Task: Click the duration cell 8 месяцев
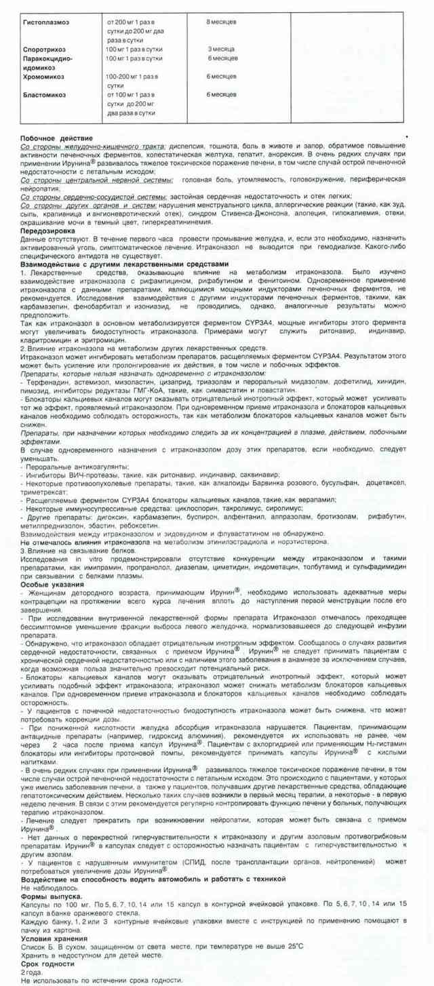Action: point(221,22)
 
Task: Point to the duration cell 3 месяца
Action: point(221,50)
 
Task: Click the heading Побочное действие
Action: point(53,138)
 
